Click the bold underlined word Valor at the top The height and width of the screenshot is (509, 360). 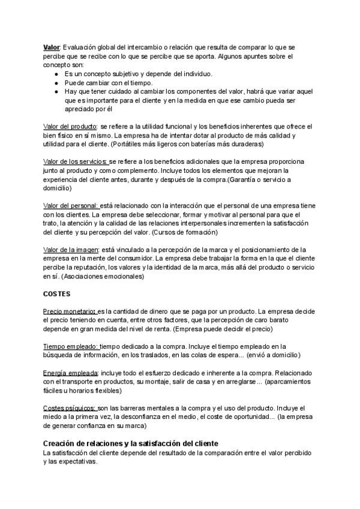52,46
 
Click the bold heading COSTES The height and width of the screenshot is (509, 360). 57,294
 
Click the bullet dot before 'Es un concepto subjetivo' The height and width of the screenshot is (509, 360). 56,74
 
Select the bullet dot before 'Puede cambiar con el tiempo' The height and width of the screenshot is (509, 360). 56,83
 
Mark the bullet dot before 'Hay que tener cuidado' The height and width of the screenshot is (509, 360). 56,92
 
